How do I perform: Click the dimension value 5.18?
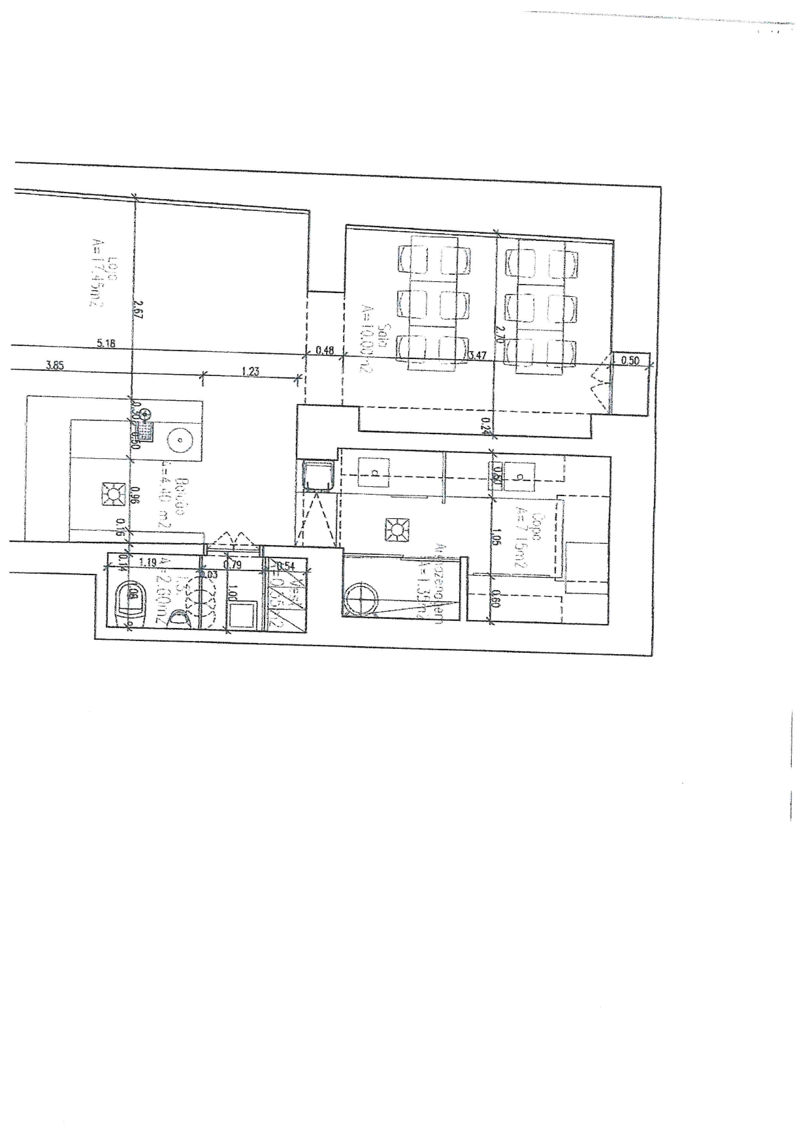(x=106, y=343)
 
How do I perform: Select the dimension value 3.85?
(x=55, y=366)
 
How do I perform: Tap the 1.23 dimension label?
(x=250, y=371)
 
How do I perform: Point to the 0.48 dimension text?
(x=325, y=351)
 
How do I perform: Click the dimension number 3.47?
(x=478, y=356)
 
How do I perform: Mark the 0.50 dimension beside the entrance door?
(x=630, y=360)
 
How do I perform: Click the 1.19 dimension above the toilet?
(x=148, y=560)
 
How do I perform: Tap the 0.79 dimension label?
(x=233, y=565)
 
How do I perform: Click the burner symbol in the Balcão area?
(x=114, y=494)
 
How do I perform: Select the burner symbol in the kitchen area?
(x=395, y=529)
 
